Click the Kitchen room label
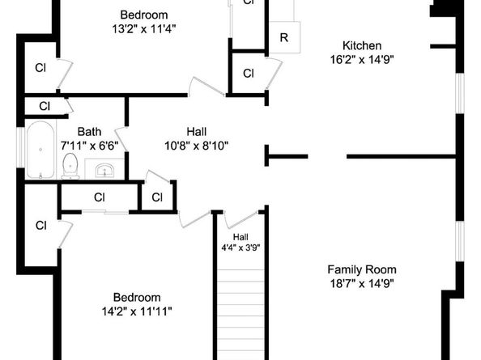(x=362, y=45)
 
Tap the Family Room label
(x=362, y=269)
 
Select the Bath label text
(x=89, y=132)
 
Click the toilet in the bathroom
(x=70, y=166)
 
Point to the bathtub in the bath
(x=40, y=150)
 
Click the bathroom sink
(x=104, y=170)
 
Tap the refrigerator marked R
(x=284, y=37)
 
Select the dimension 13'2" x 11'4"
(x=144, y=29)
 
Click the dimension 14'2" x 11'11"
(x=137, y=311)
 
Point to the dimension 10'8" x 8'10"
(x=196, y=146)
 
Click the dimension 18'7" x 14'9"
(x=362, y=284)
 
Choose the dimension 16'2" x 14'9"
(x=362, y=59)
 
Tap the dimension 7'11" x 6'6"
(x=89, y=146)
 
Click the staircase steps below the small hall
(x=240, y=314)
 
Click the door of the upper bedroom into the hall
(x=206, y=86)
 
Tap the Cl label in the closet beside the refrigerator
(x=249, y=74)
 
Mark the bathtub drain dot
(x=40, y=150)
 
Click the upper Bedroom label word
(x=144, y=15)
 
